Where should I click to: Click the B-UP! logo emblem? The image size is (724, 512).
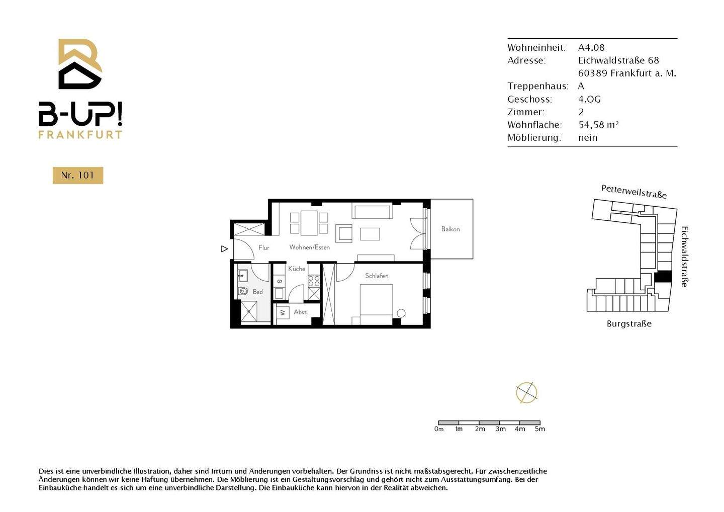[80, 64]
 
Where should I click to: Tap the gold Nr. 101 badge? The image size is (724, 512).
[78, 176]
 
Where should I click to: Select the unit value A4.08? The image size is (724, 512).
[591, 48]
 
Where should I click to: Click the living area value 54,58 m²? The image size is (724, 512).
[598, 125]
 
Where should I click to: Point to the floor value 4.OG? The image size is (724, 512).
[589, 99]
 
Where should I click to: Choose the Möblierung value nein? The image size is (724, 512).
[588, 138]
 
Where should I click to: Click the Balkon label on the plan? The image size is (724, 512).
[450, 229]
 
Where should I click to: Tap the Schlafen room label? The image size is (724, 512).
[377, 276]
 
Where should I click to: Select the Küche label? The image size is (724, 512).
[297, 269]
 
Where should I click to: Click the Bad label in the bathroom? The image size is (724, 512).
[257, 292]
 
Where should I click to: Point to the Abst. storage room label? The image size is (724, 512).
[301, 312]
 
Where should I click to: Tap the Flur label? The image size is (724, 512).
[264, 247]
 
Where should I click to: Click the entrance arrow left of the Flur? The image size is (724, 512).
[224, 249]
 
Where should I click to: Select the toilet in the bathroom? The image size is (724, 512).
[243, 291]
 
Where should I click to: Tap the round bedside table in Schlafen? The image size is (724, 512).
[401, 313]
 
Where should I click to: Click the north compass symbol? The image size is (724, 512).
[526, 393]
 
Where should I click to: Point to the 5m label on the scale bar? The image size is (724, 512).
[540, 429]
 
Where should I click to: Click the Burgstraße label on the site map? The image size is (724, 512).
[629, 324]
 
